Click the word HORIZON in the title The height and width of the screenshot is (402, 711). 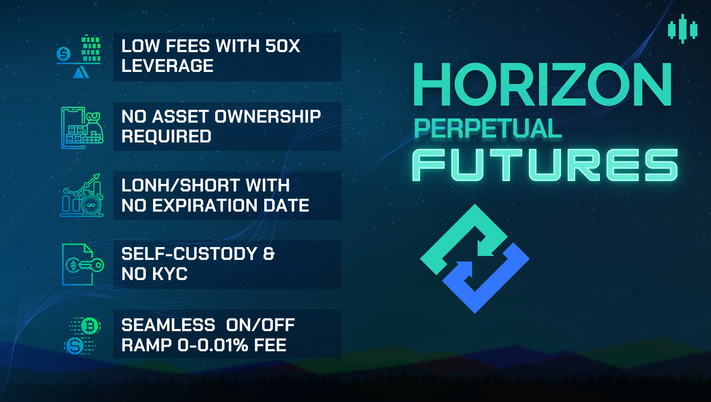click(x=542, y=84)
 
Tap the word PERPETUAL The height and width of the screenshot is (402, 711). click(x=488, y=129)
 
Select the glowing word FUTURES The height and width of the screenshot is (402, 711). click(x=545, y=165)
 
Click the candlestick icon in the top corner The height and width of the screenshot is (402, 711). click(x=683, y=29)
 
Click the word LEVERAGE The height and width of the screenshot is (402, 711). click(x=167, y=66)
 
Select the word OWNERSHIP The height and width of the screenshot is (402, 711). click(x=268, y=116)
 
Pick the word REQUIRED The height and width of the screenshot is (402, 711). click(x=166, y=136)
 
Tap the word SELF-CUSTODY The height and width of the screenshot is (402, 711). click(x=189, y=254)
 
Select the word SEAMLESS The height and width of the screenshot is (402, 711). click(x=168, y=325)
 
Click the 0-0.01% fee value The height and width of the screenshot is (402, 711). click(x=213, y=345)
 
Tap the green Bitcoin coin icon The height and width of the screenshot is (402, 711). click(x=90, y=326)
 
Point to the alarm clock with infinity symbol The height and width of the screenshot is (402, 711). click(x=91, y=205)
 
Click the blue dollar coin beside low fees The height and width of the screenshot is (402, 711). click(x=64, y=54)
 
